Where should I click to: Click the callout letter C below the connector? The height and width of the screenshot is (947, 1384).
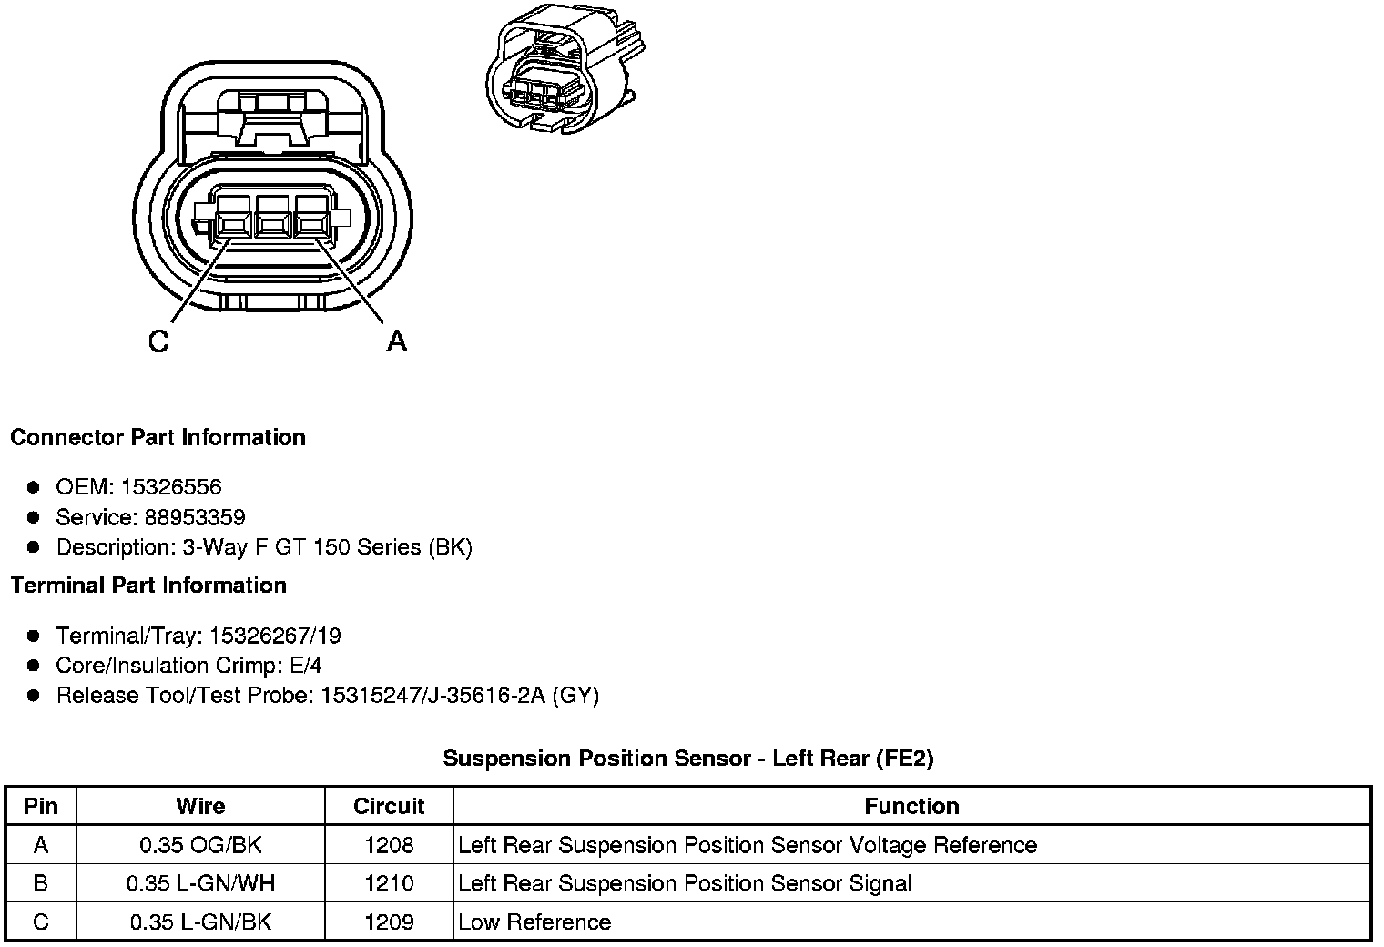pyautogui.click(x=158, y=341)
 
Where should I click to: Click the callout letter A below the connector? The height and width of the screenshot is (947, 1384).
pyautogui.click(x=396, y=341)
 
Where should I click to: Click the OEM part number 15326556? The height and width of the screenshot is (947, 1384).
pyautogui.click(x=177, y=487)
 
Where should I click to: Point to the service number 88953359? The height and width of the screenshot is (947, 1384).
pyautogui.click(x=195, y=517)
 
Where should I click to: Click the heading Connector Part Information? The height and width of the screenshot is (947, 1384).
pyautogui.click(x=158, y=437)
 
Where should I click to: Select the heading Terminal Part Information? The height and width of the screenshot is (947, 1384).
pyautogui.click(x=148, y=585)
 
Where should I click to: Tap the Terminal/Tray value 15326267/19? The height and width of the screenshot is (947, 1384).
pyautogui.click(x=275, y=636)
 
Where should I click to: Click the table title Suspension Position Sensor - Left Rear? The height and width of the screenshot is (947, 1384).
pyautogui.click(x=687, y=758)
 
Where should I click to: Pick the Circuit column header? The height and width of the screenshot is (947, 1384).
pyautogui.click(x=389, y=806)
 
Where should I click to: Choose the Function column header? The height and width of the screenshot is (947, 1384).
pyautogui.click(x=911, y=806)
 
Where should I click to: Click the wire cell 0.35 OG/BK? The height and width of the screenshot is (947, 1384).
pyautogui.click(x=200, y=845)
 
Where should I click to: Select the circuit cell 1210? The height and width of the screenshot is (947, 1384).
pyautogui.click(x=389, y=883)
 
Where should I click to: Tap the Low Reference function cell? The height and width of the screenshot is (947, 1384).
pyautogui.click(x=534, y=922)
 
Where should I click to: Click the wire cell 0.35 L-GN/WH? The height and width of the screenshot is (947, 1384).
pyautogui.click(x=200, y=883)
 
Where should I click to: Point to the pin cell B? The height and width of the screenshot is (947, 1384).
pyautogui.click(x=41, y=883)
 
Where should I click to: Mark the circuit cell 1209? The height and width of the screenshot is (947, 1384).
pyautogui.click(x=389, y=922)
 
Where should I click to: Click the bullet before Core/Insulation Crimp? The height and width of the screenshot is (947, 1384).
pyautogui.click(x=34, y=666)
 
